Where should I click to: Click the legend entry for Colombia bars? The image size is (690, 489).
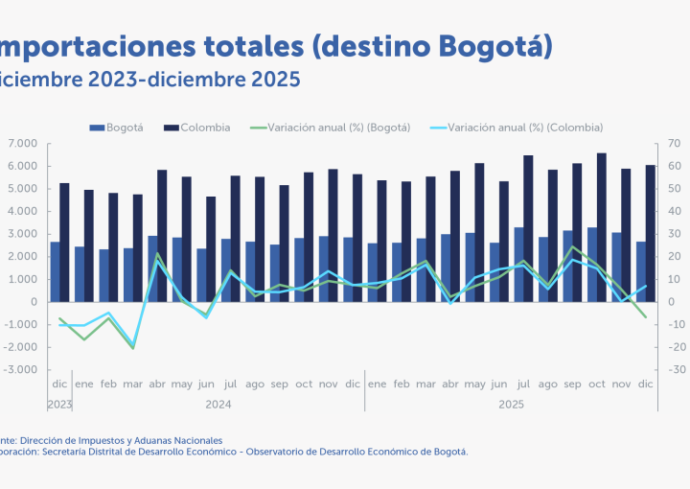coord(205,128)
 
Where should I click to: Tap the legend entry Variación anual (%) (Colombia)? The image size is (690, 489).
coord(525,128)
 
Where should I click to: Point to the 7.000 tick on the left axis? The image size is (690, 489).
coord(22,144)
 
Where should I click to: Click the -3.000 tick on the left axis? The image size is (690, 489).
coord(20,370)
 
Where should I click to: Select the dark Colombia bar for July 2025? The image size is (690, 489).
coord(528,228)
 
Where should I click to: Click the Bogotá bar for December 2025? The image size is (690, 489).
coord(641,271)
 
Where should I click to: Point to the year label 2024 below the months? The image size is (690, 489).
coord(218,405)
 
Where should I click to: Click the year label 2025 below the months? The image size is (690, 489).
coord(510,405)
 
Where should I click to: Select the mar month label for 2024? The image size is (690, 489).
coord(132,384)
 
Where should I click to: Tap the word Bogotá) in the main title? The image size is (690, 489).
coord(496,46)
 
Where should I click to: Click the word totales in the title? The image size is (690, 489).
coord(253,46)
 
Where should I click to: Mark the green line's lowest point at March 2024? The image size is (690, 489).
coord(132,347)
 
